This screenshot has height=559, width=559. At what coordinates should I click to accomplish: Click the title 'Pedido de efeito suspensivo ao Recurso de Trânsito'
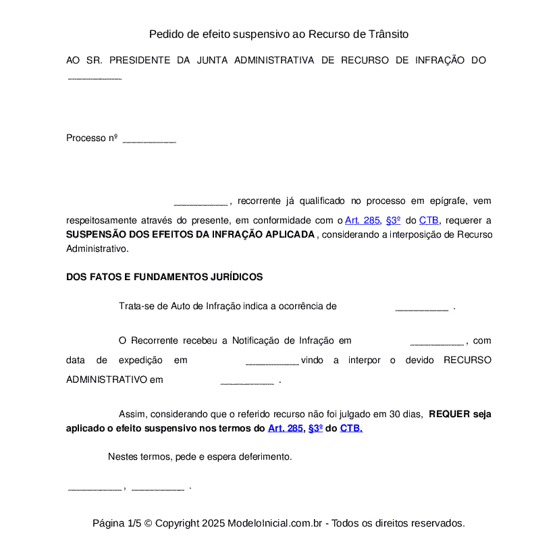coord(279,34)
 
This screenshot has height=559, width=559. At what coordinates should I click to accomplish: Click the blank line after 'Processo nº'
coord(149,140)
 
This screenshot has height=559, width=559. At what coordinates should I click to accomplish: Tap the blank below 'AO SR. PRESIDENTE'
coord(95,78)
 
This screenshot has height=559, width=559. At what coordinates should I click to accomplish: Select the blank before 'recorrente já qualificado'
coord(201,203)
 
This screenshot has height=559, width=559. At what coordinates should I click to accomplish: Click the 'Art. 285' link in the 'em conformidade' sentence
coord(363,220)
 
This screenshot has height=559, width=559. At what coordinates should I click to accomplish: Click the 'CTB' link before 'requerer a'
coord(429,220)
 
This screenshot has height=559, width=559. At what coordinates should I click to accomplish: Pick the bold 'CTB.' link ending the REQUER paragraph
coord(351,428)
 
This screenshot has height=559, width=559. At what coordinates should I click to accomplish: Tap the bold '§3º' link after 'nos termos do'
coord(315,428)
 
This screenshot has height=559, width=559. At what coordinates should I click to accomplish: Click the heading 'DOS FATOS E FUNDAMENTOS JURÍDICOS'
coord(164,277)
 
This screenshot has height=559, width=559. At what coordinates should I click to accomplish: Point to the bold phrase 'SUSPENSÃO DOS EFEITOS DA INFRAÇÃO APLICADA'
coord(190,234)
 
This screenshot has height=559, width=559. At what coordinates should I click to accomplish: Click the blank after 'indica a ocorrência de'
coord(421,308)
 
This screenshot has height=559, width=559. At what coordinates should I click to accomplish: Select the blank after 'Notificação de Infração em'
coord(436,342)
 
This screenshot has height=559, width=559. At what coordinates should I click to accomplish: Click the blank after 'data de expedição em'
coord(272,362)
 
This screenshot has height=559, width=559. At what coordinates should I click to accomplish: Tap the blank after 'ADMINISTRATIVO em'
coord(247,381)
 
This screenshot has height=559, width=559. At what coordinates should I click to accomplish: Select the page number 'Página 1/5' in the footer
coord(117,523)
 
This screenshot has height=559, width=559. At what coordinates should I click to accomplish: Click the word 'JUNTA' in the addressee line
coord(211,60)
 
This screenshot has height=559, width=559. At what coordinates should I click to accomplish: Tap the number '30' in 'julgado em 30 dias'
coord(396,414)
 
